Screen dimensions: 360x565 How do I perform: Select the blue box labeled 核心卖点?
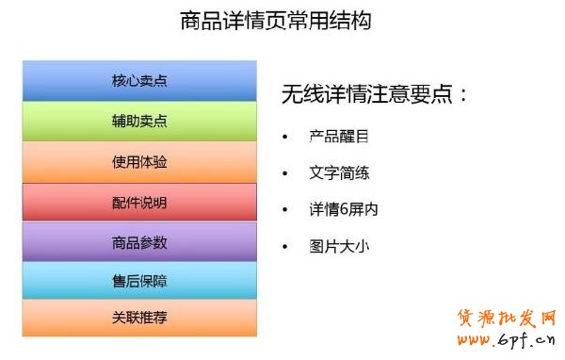pyautogui.click(x=139, y=81)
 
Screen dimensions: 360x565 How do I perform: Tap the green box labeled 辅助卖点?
pyautogui.click(x=139, y=122)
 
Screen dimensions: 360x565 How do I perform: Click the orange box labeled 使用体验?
pyautogui.click(x=139, y=162)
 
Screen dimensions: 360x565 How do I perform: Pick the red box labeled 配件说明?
pyautogui.click(x=139, y=203)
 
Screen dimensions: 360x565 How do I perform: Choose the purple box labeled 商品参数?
pyautogui.click(x=139, y=242)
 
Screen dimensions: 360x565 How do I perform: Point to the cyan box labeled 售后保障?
pyautogui.click(x=139, y=281)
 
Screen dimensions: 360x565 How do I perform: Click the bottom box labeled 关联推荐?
pyautogui.click(x=139, y=318)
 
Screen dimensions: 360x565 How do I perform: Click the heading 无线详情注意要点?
pyautogui.click(x=375, y=94)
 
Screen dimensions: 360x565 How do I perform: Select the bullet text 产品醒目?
pyautogui.click(x=338, y=137)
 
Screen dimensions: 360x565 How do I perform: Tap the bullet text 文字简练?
pyautogui.click(x=338, y=173)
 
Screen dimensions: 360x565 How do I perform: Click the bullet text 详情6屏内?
pyautogui.click(x=343, y=210)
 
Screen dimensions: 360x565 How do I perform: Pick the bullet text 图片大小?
pyautogui.click(x=338, y=247)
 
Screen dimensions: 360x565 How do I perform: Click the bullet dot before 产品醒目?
pyautogui.click(x=285, y=138)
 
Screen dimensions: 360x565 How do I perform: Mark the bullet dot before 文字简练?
pyautogui.click(x=285, y=174)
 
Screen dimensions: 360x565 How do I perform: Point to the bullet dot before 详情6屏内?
pyautogui.click(x=285, y=211)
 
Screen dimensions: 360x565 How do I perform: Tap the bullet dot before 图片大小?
pyautogui.click(x=285, y=248)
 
